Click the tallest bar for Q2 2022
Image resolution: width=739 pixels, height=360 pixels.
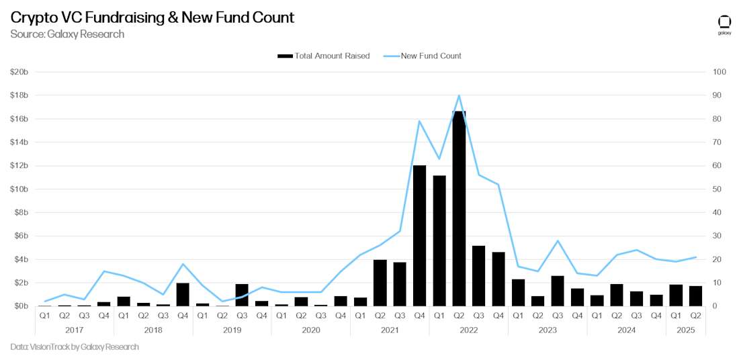tap(459, 208)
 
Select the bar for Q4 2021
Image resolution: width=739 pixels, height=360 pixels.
tap(419, 235)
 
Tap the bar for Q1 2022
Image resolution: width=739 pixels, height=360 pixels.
tap(439, 240)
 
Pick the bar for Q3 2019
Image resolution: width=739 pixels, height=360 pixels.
tap(242, 295)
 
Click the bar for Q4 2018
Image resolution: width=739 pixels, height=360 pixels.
tap(183, 294)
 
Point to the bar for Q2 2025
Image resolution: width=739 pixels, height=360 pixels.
tap(696, 296)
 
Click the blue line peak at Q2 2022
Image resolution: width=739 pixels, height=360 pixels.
tap(459, 95)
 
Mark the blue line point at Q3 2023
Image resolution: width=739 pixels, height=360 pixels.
tap(558, 240)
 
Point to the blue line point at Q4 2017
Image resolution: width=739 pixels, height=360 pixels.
tap(104, 271)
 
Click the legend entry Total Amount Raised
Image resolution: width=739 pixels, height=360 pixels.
tap(324, 56)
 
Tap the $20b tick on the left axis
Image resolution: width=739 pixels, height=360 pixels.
tap(19, 72)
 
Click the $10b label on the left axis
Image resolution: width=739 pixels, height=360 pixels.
tap(19, 189)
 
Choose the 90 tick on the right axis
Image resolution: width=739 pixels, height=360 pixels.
tap(718, 95)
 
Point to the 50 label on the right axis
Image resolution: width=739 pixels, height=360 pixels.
tap(718, 189)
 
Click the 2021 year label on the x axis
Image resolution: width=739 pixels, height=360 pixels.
tap(390, 330)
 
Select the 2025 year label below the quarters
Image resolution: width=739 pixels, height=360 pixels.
tap(686, 330)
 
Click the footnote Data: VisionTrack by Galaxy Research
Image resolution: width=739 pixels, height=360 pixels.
tap(75, 347)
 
